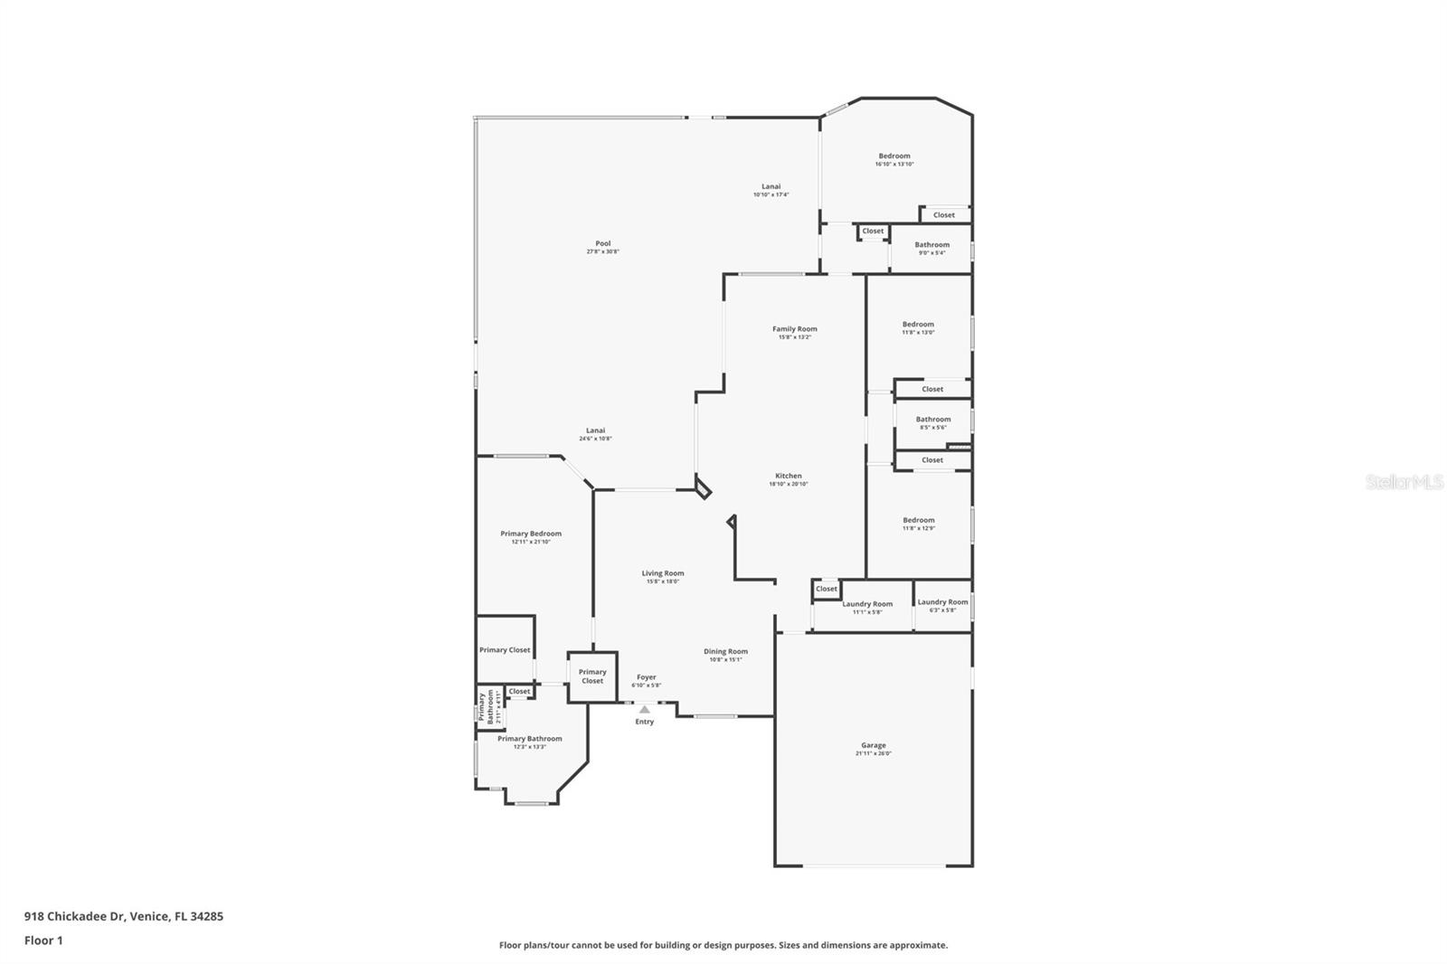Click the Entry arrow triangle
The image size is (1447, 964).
pos(644,710)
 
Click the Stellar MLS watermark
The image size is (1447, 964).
pos(1404,483)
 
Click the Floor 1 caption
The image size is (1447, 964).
pos(43,940)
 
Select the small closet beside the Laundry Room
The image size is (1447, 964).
pos(826,589)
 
